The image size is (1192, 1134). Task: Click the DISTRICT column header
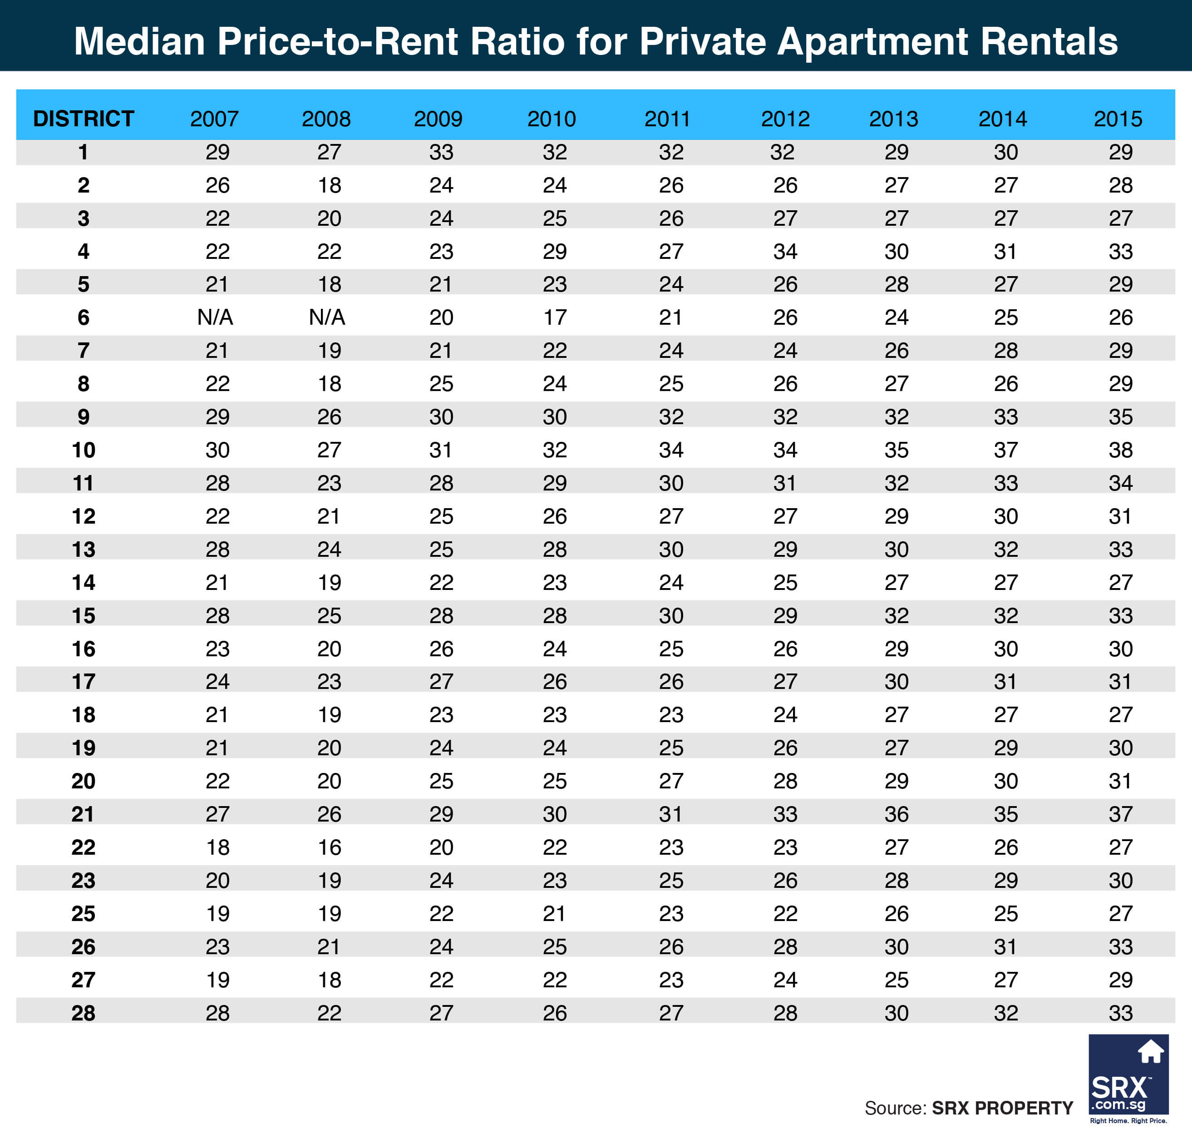tap(84, 119)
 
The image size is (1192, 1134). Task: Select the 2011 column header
tap(667, 119)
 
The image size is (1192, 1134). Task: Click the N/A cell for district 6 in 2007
tap(215, 317)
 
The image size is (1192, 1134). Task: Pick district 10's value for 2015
tap(1120, 450)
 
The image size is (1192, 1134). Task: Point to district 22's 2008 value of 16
tap(329, 847)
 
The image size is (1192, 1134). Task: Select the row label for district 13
tap(84, 549)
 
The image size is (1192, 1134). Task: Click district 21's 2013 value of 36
tap(896, 814)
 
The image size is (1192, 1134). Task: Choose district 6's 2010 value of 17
tap(555, 317)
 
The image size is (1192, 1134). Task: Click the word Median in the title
tap(139, 41)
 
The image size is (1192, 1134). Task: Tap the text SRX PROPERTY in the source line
tap(1002, 1108)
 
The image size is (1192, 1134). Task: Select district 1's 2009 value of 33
tap(441, 152)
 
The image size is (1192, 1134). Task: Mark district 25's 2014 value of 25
tap(1005, 913)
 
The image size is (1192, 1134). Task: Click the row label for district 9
tap(84, 416)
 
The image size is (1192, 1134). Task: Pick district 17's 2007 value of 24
tap(217, 681)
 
